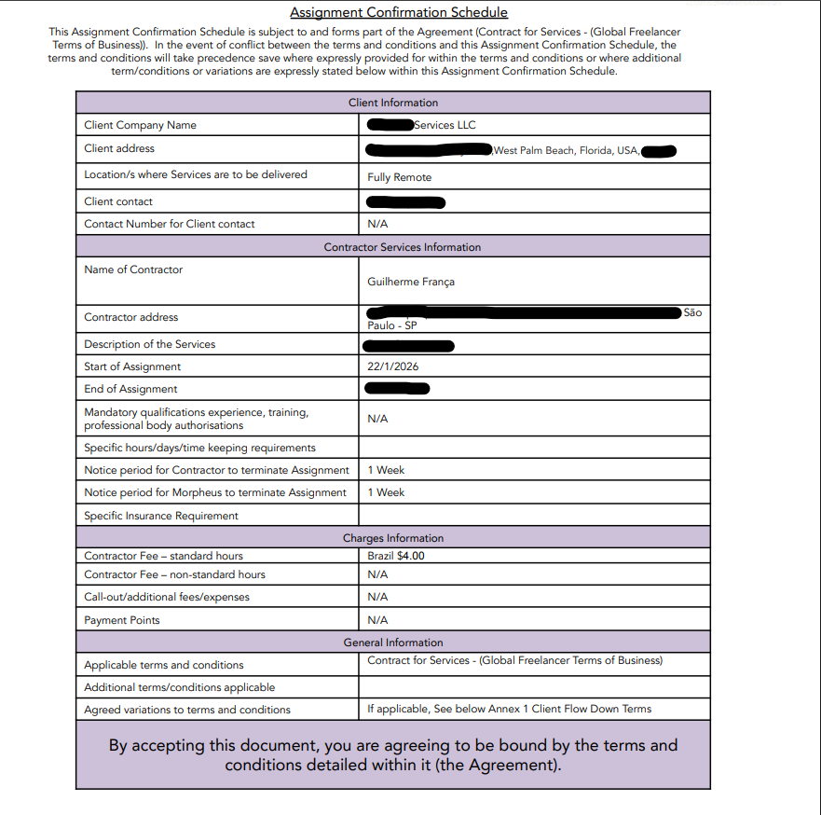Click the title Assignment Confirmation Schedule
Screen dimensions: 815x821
click(x=399, y=12)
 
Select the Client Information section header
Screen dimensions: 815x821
click(x=392, y=103)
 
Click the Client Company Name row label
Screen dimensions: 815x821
click(x=140, y=125)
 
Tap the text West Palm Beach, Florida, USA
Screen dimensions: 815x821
click(x=566, y=150)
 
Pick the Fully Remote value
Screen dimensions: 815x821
click(x=399, y=177)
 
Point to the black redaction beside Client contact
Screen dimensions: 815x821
click(x=405, y=202)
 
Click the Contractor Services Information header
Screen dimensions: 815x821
click(x=402, y=247)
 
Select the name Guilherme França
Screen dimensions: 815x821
click(x=411, y=282)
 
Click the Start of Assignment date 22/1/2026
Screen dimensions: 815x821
click(x=392, y=366)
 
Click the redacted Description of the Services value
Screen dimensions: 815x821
click(x=410, y=346)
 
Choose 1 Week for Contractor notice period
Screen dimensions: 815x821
click(x=386, y=470)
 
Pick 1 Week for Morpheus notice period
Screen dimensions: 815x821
click(x=386, y=492)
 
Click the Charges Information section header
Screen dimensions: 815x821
click(x=392, y=538)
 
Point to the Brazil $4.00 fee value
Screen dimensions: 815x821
click(x=396, y=556)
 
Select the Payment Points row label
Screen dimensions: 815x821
click(x=122, y=620)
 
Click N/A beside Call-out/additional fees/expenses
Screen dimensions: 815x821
click(x=377, y=597)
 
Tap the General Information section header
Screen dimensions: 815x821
click(x=392, y=642)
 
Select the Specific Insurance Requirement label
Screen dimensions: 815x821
click(x=161, y=516)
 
